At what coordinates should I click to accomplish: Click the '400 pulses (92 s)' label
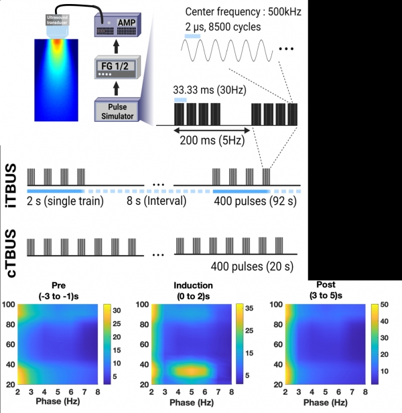pos(255,201)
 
